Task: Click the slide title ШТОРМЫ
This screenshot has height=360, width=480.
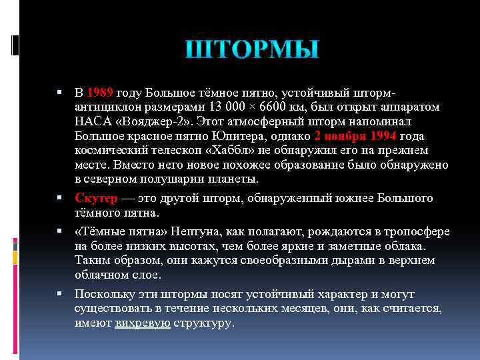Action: [252, 50]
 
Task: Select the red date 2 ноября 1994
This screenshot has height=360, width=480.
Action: [355, 136]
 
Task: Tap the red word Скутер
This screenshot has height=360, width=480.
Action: [97, 199]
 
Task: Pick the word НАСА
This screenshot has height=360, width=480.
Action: [93, 121]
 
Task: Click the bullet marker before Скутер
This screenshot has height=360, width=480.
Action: [60, 199]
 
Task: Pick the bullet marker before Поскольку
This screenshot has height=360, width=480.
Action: [60, 294]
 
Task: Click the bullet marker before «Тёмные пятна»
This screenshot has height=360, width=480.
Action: [60, 231]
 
